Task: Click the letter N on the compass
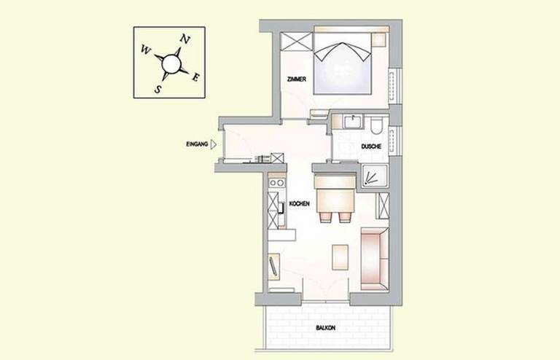click(184, 39)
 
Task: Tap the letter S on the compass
click(157, 89)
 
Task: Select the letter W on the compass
click(145, 50)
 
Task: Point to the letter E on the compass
click(195, 77)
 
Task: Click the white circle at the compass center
click(171, 64)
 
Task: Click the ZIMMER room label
click(297, 79)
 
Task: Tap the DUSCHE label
click(371, 146)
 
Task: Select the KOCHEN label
click(299, 204)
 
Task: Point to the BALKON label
click(325, 327)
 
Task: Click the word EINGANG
click(197, 144)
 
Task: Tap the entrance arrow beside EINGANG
click(214, 144)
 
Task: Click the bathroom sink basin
click(353, 122)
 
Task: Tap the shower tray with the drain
click(374, 176)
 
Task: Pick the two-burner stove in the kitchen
click(277, 183)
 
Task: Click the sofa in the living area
click(375, 259)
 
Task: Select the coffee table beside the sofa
click(340, 257)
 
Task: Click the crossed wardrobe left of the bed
click(297, 42)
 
